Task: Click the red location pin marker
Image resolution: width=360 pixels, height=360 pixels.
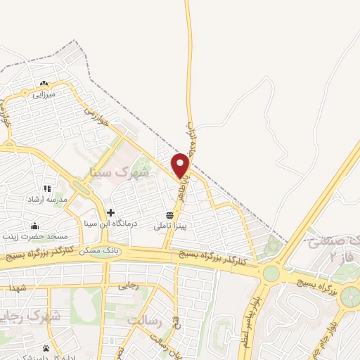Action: (x=181, y=166)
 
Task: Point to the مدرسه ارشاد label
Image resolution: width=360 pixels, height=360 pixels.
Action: (x=45, y=200)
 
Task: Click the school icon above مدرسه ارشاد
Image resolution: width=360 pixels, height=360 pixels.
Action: (x=47, y=188)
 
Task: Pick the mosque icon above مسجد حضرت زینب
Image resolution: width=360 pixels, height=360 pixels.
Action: (x=34, y=226)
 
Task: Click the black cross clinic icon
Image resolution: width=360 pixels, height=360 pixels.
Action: (x=110, y=212)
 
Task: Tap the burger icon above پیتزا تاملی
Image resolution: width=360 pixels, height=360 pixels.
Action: (x=169, y=214)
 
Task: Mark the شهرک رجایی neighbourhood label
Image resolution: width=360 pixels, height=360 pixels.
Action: (x=32, y=316)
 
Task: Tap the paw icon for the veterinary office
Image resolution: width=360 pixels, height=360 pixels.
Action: (x=46, y=348)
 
